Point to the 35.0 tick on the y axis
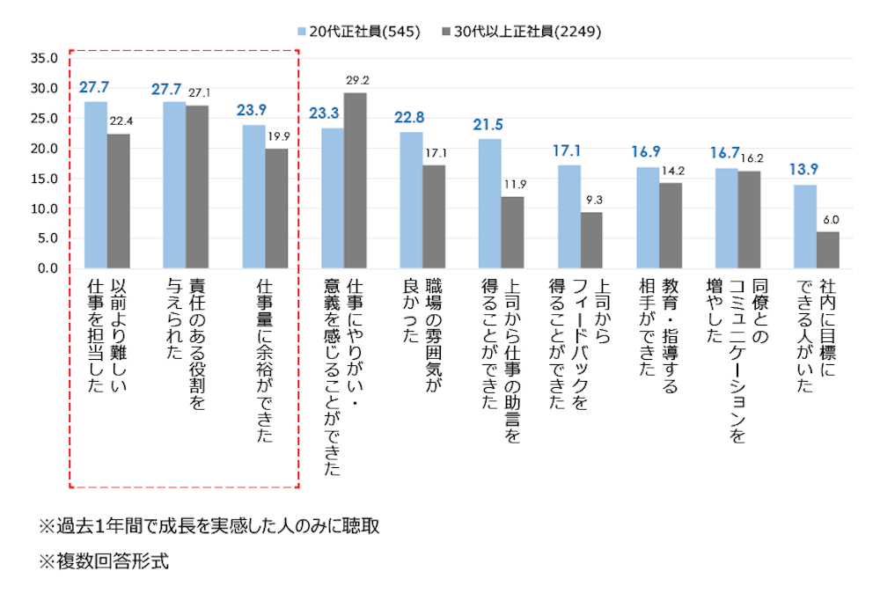tap(43, 59)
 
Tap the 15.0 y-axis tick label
tap(43, 179)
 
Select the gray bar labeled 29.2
tap(356, 180)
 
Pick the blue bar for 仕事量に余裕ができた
tap(253, 197)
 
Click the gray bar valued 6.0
tap(828, 251)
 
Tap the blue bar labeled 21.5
tap(490, 204)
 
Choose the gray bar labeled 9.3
tap(591, 240)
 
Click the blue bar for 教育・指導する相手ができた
tap(648, 217)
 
